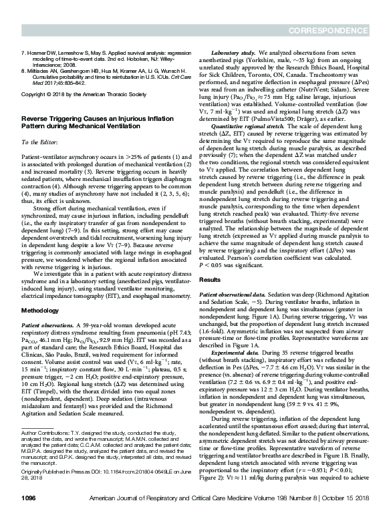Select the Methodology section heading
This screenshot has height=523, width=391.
pyautogui.click(x=41, y=293)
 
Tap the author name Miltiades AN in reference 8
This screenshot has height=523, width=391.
pyautogui.click(x=44, y=71)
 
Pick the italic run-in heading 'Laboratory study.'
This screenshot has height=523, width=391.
pyautogui.click(x=233, y=51)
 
